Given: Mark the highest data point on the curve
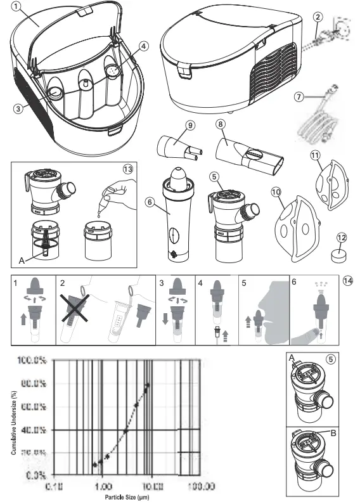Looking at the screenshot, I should pos(148,384).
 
